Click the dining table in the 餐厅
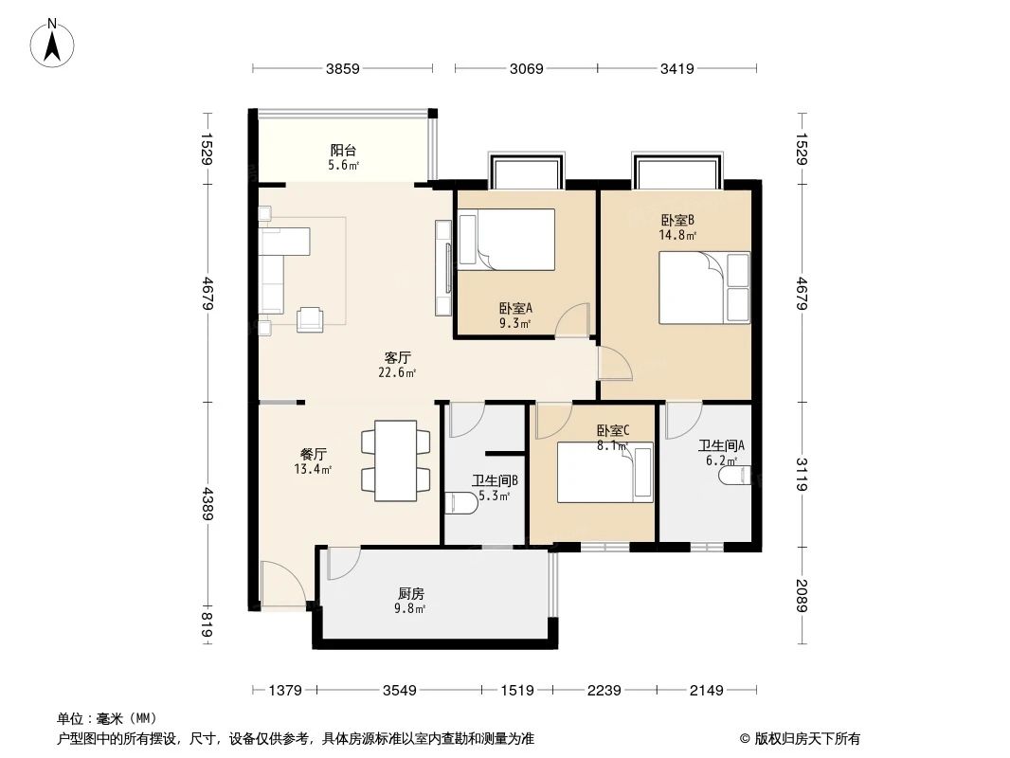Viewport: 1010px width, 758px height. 395,461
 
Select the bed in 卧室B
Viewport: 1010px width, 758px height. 703,287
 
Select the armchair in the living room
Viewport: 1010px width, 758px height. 310,320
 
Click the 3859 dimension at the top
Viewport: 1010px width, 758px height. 343,68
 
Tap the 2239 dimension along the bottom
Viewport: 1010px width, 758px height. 604,691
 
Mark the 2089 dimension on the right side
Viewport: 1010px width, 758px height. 802,595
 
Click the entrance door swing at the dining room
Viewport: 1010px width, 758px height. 283,582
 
